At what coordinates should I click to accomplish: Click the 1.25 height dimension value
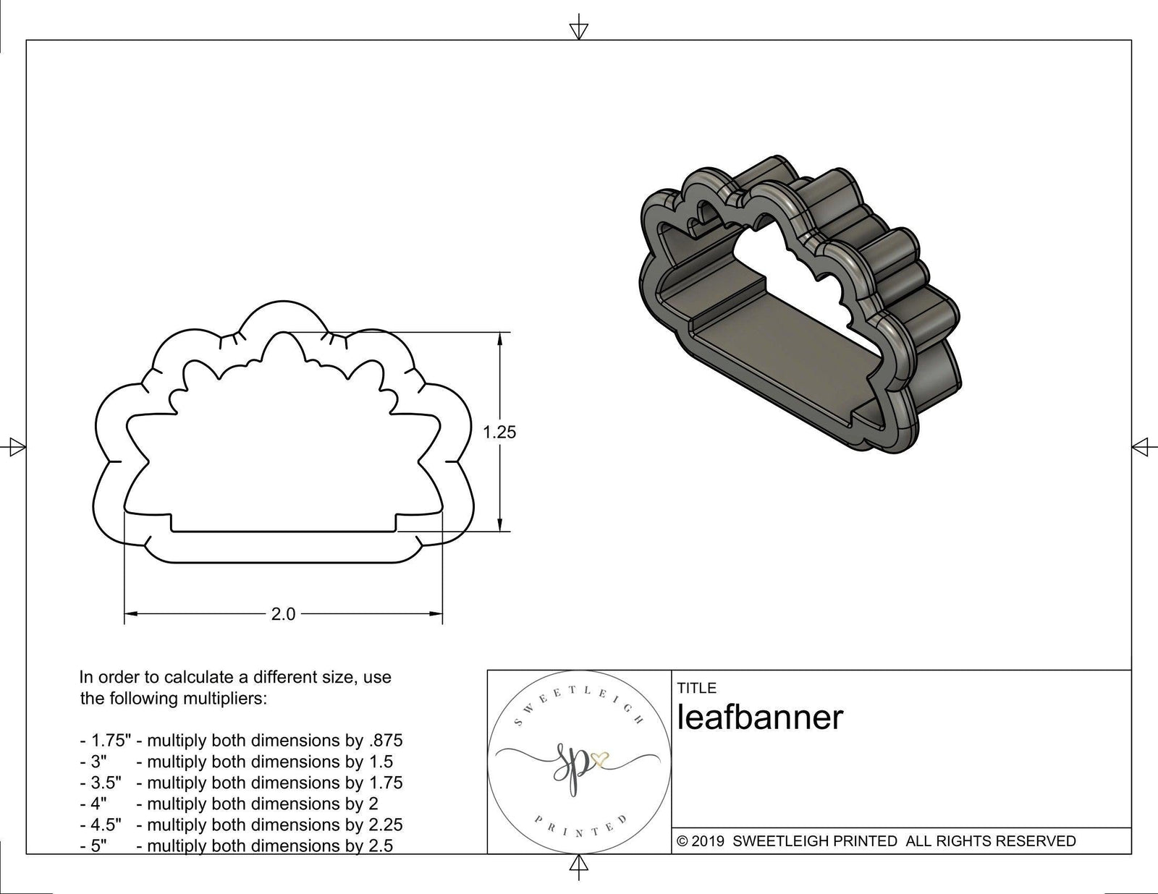499,432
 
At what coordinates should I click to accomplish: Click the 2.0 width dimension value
283,614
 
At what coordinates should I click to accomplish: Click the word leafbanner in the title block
760,718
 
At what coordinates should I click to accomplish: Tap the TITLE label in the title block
696,688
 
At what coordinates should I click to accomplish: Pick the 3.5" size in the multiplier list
105,783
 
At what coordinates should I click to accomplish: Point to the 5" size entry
98,846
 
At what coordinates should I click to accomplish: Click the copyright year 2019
709,841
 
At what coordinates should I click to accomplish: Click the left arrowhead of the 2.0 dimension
130,614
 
